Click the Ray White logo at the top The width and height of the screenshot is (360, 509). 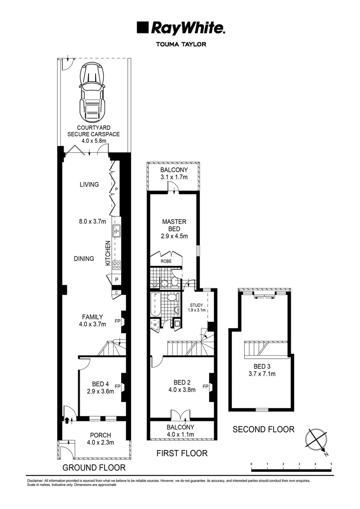pos(181,28)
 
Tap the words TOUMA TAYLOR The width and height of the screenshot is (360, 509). pos(181,44)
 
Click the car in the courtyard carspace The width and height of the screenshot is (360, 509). pos(92,92)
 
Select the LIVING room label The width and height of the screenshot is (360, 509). pos(89,184)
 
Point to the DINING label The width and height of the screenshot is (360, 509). pos(84,259)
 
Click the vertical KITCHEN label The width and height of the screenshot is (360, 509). pos(108,253)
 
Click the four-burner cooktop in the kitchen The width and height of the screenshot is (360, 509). pos(116,265)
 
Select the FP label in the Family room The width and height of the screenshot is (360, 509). pos(117,321)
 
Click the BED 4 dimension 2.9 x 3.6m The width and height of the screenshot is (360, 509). pos(100,392)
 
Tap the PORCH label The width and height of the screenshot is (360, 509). pos(101,435)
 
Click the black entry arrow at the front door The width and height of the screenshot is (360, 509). pos(67,421)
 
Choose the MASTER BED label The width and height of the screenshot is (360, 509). pos(174,225)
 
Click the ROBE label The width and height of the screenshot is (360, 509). pos(166,261)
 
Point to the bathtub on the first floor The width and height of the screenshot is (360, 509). pos(156,305)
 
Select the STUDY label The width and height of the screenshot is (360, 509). pos(196,305)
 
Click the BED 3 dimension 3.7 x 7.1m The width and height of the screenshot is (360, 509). pos(262,374)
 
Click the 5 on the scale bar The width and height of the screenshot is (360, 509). pos(331,464)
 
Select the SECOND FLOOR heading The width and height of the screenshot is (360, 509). pos(263,429)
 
